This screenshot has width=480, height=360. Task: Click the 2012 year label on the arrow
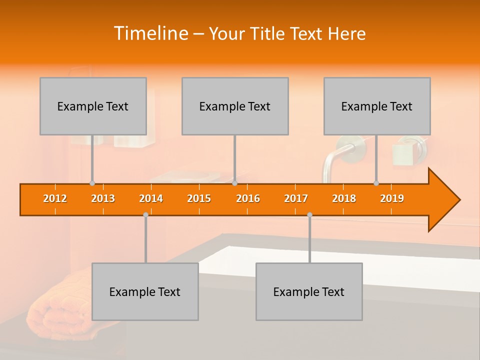55,199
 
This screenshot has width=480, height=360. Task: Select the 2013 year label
103,199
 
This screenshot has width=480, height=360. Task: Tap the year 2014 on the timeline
151,199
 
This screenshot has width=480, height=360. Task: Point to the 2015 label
199,199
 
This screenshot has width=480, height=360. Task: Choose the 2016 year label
248,199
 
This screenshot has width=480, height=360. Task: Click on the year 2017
296,199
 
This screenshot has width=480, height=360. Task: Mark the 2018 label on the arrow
344,199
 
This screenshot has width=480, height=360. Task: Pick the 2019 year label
392,199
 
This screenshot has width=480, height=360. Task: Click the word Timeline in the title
150,33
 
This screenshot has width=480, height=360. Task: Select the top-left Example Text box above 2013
93,106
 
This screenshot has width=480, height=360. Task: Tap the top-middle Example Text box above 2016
235,106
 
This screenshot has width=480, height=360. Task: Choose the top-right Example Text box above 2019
377,106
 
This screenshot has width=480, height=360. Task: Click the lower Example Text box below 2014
145,291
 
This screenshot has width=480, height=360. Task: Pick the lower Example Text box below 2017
309,291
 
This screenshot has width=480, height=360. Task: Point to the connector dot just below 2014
145,214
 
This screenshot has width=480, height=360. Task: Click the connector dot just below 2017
309,214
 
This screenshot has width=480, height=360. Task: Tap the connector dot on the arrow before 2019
376,183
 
